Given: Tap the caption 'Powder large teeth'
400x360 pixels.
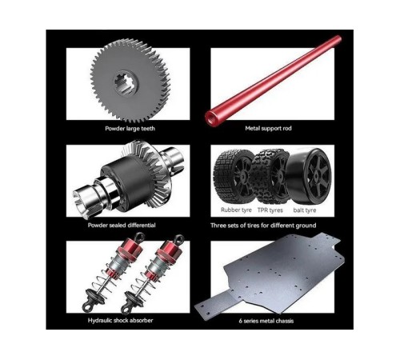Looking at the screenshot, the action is point(130,129).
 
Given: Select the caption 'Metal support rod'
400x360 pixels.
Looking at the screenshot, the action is point(268,128).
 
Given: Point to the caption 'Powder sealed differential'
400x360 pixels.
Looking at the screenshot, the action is point(122,226).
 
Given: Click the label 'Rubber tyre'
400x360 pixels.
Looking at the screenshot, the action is point(236,210).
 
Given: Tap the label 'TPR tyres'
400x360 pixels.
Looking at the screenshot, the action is point(270,210).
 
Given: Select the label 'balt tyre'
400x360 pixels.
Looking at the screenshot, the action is point(305,210).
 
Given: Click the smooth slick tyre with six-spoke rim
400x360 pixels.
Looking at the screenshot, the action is point(310,175).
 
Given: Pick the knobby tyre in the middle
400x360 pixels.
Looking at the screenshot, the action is point(270,176).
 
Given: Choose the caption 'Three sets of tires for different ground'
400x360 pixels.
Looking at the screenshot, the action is point(263,226).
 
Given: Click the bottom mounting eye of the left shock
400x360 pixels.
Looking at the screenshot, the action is point(87,307).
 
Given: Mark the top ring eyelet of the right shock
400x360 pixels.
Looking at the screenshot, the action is point(178,239).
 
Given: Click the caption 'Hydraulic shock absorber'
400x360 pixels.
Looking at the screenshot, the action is point(120,321).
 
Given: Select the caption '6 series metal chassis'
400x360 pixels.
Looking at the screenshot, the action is point(266,321).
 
